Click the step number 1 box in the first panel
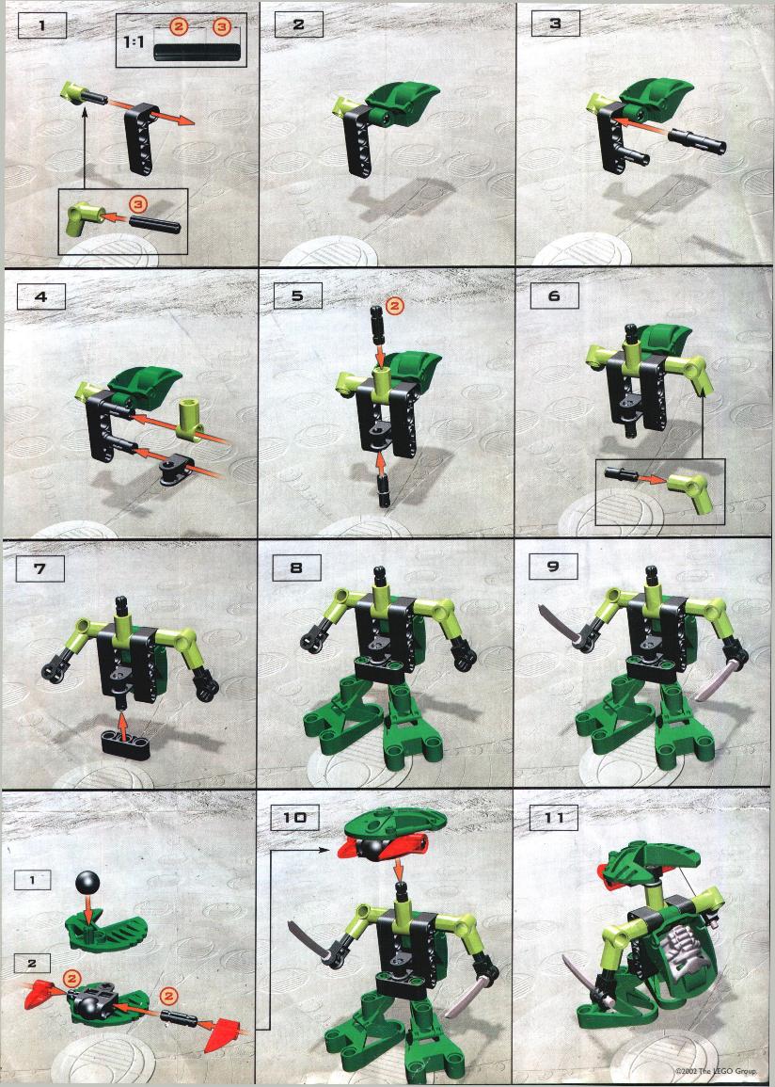[41, 25]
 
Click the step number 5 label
[298, 296]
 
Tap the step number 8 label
[296, 567]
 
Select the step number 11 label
[554, 818]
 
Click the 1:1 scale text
[133, 41]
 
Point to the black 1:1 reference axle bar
[198, 53]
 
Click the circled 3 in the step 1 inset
[138, 204]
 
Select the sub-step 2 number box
[32, 964]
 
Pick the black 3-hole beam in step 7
[126, 744]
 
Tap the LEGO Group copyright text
[716, 1071]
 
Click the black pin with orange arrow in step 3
[696, 139]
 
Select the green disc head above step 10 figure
[393, 823]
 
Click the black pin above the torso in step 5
[377, 325]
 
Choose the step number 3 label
[556, 24]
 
